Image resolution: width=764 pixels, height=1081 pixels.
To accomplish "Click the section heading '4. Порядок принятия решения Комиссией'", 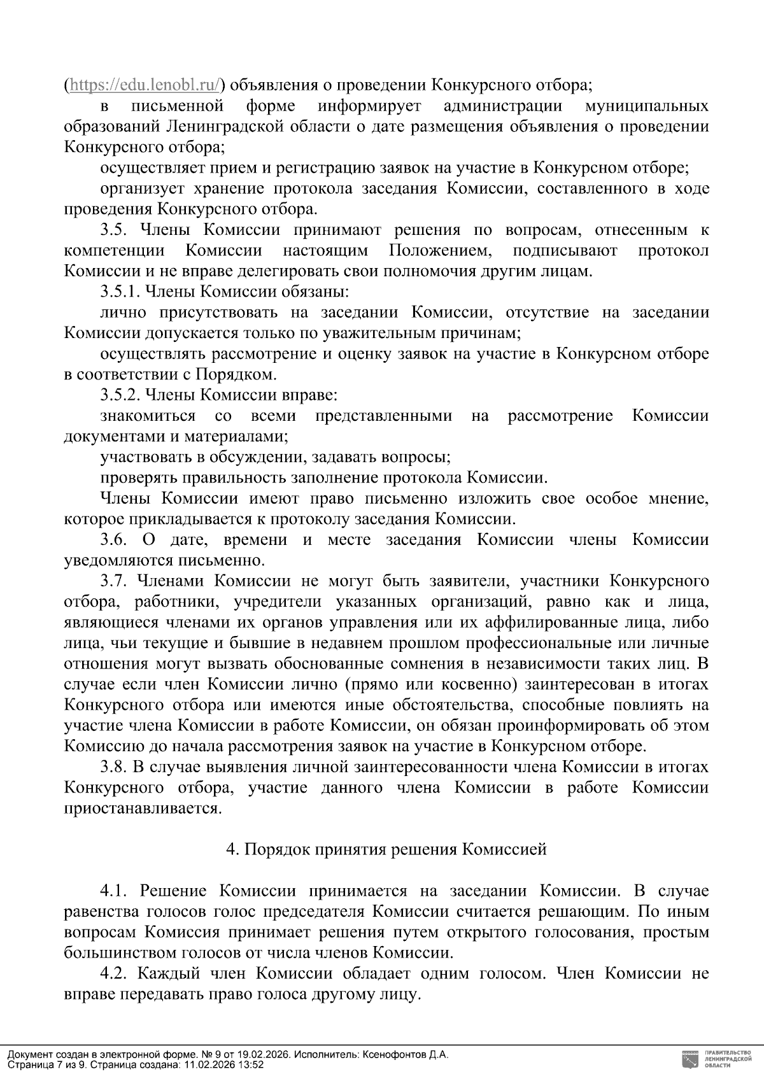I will [386, 849].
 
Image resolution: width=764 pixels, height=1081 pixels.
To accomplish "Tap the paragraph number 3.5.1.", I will [120, 292].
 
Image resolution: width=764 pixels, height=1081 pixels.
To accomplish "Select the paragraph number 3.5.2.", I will [120, 395].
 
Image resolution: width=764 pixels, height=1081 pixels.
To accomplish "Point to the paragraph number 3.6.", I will [114, 540].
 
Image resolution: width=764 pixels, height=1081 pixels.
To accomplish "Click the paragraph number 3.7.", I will [114, 581].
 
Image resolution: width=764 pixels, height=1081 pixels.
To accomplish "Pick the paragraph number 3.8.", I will [114, 768].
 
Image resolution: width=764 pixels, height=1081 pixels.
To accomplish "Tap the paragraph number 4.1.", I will [114, 891].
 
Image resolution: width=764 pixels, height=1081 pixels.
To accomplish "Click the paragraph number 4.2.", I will [114, 973].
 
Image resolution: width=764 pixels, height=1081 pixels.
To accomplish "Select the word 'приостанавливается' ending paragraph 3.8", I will [143, 809].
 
